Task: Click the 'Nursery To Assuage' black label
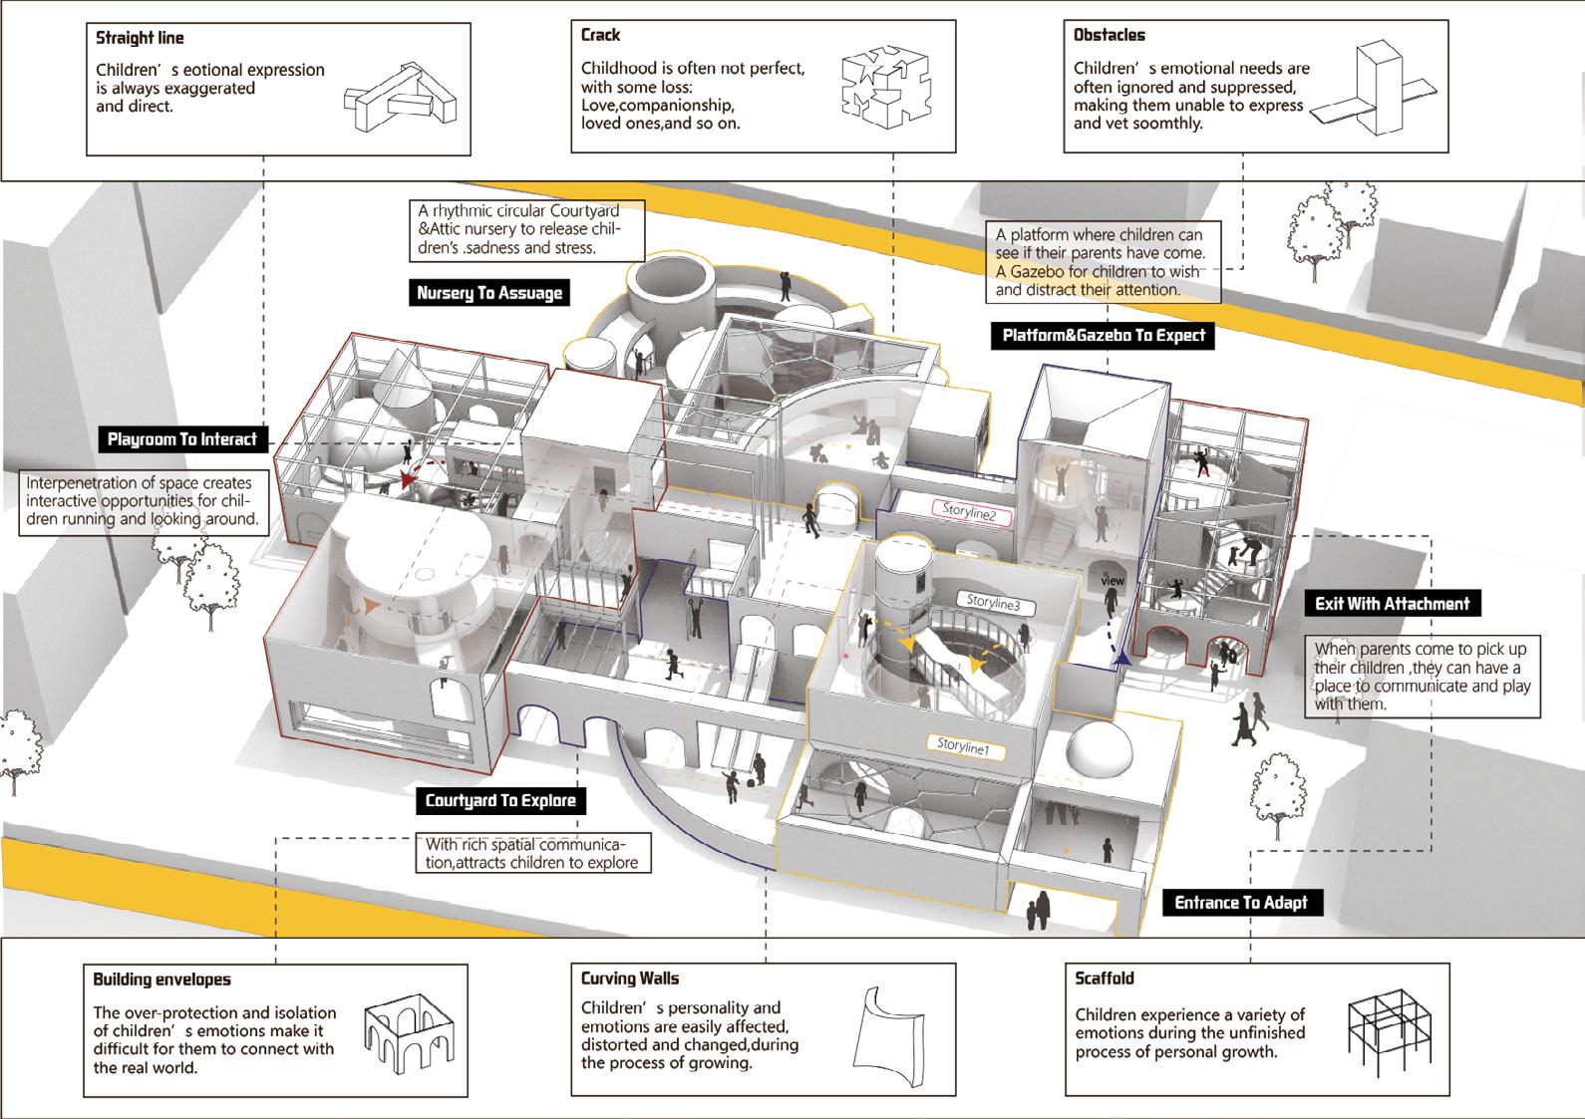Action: [x=489, y=293]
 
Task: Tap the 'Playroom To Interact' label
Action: [x=182, y=439]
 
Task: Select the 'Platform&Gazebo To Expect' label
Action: [x=1104, y=336]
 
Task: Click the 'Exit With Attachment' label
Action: [x=1392, y=604]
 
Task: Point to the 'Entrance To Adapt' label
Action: [x=1240, y=903]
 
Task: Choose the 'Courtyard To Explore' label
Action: [x=500, y=801]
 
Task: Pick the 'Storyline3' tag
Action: [x=994, y=603]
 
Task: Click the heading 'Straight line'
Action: [x=140, y=39]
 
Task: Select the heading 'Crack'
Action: [x=600, y=36]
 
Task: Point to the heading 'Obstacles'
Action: [x=1109, y=36]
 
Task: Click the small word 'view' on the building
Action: [x=1111, y=581]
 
